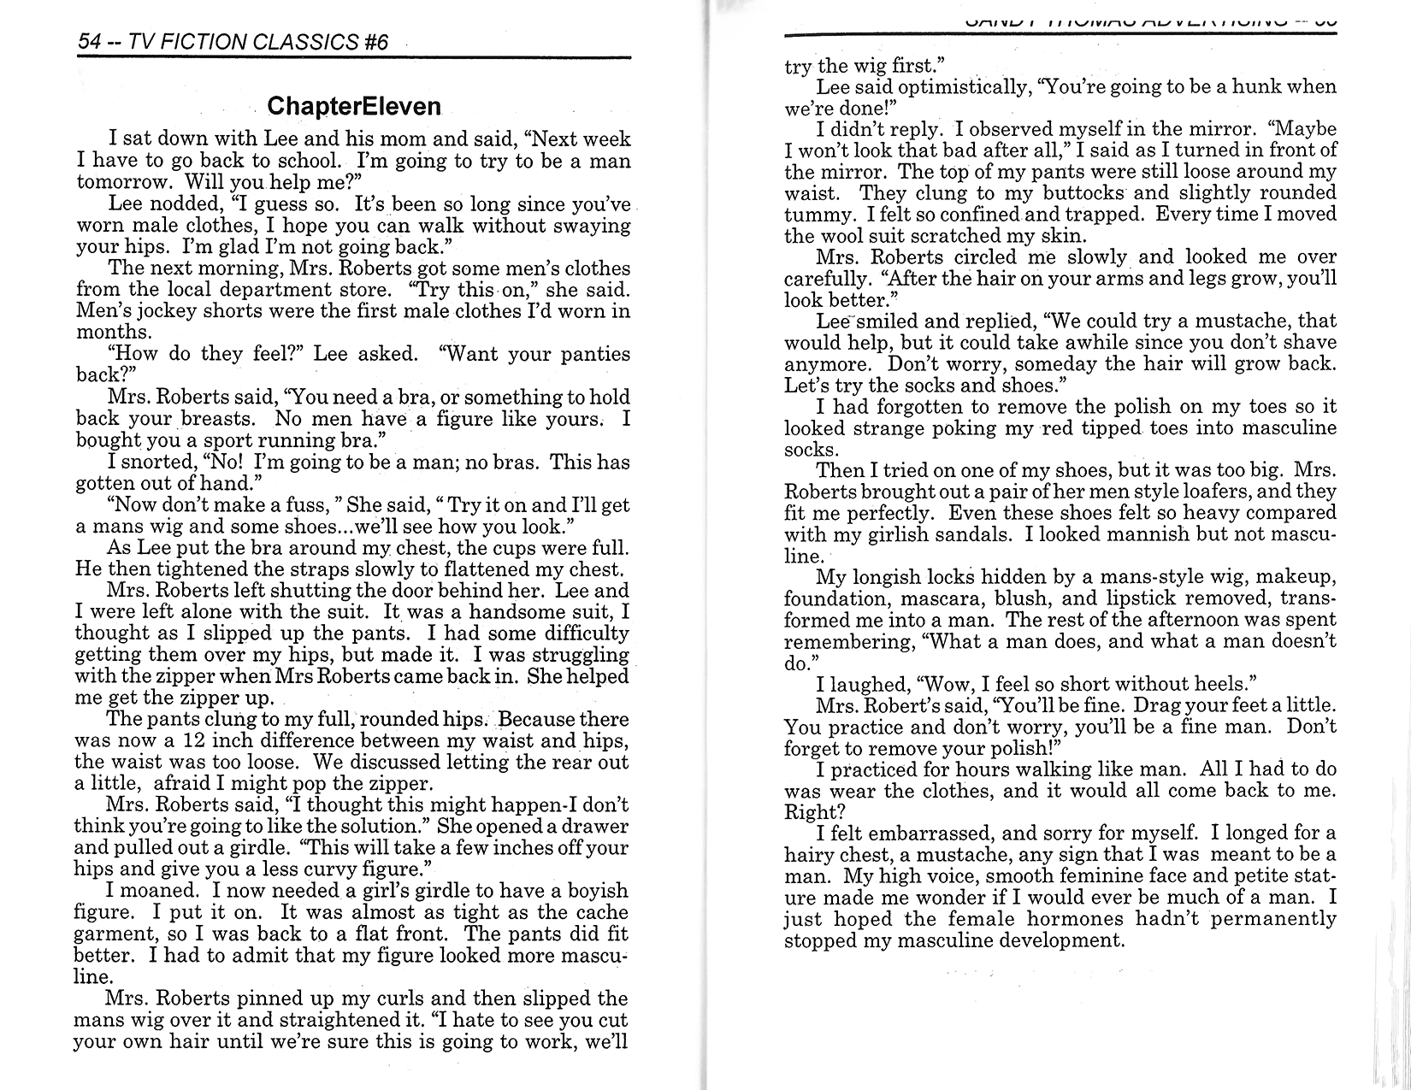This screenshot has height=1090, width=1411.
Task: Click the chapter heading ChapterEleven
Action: [x=354, y=106]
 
